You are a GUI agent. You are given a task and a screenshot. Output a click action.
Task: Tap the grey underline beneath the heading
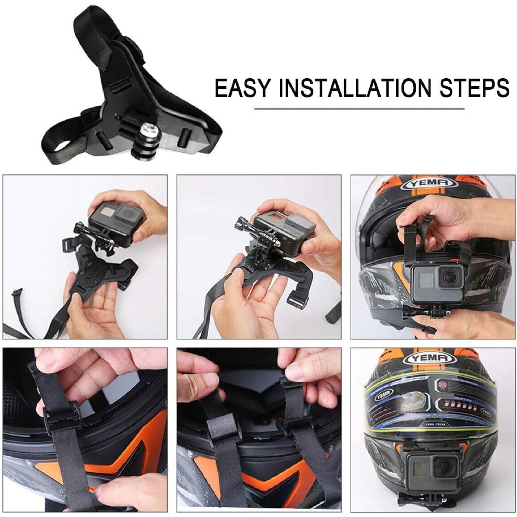pyautogui.click(x=359, y=108)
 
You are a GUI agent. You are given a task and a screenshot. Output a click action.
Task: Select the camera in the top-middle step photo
pyautogui.click(x=283, y=229)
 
